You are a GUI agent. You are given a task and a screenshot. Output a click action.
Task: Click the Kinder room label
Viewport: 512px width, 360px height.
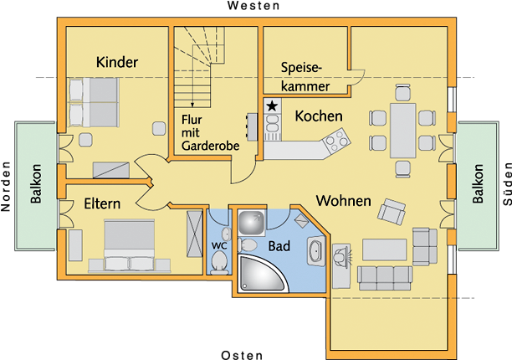coord(117,63)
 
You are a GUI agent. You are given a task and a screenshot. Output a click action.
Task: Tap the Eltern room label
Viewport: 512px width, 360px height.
coord(102,203)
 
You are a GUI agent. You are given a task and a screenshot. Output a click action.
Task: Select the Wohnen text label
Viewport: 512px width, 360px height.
coord(343,201)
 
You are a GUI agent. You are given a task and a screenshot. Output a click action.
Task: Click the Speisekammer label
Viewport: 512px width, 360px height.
coord(305,76)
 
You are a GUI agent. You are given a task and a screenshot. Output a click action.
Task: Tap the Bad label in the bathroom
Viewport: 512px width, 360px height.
coord(279,246)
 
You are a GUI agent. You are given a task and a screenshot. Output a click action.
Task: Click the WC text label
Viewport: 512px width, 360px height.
coord(220,244)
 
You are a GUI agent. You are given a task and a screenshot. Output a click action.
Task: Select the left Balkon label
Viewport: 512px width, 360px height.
coord(36,186)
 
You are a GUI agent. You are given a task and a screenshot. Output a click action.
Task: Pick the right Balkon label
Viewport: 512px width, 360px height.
coord(478,184)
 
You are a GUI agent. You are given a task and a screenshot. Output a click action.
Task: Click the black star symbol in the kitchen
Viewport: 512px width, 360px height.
coord(272,106)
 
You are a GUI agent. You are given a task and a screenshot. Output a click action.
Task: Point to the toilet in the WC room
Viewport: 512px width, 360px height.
coord(220,263)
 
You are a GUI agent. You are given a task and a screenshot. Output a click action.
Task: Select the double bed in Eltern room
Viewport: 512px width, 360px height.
coord(129,244)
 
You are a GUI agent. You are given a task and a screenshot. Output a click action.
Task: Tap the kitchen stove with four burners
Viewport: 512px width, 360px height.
coord(336,141)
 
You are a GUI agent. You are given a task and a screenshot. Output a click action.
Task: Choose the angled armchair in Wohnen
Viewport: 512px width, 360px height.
coord(392,210)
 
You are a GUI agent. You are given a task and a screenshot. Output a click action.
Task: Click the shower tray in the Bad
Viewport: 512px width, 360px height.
coord(250,223)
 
